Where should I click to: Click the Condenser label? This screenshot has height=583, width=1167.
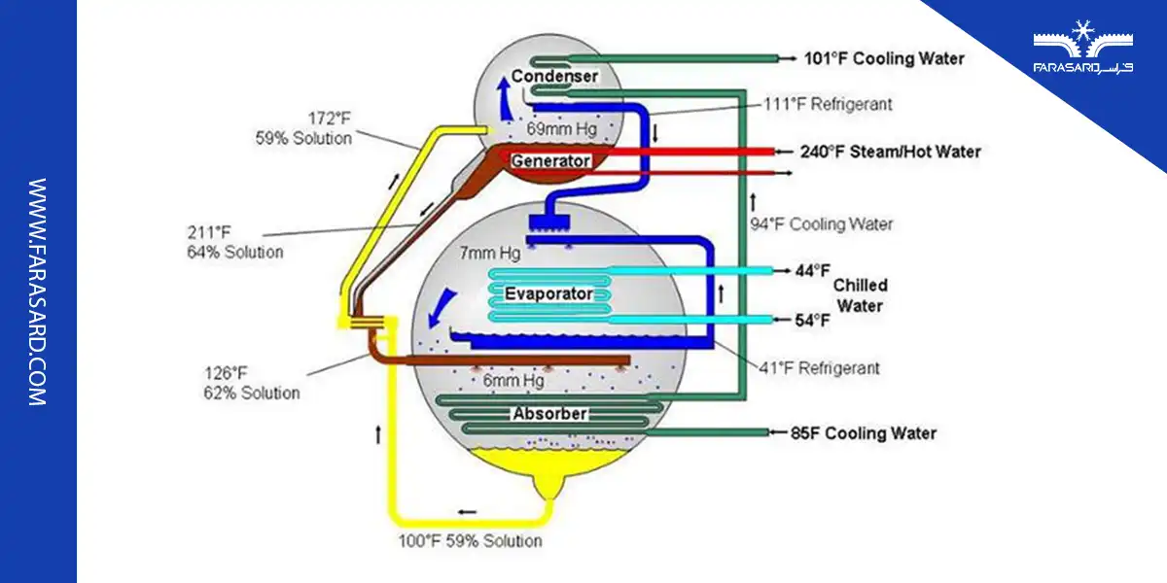point(554,77)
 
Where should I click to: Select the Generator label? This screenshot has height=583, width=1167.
point(550,160)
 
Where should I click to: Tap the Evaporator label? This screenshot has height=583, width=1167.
point(548,293)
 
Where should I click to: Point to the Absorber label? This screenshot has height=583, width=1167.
point(549,414)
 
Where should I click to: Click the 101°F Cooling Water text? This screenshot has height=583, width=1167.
point(884,58)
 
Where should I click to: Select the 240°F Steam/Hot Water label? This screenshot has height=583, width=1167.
point(890,152)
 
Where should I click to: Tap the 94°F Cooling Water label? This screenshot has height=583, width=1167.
point(821,224)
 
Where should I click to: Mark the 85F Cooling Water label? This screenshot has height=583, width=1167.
point(866,433)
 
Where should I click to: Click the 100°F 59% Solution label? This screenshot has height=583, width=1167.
point(470,540)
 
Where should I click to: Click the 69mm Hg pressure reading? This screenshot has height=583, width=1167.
point(559,128)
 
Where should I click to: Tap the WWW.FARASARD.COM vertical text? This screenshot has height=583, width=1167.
point(38,291)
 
